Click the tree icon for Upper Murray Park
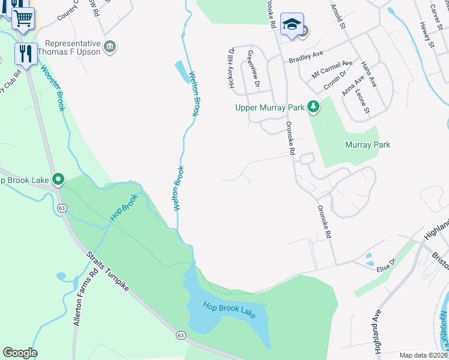[x=313, y=107]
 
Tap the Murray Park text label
[x=367, y=145]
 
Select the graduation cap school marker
[x=292, y=25]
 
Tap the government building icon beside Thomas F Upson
[x=110, y=46]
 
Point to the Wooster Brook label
[x=52, y=87]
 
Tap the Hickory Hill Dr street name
[x=231, y=68]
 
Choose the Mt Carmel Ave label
[x=332, y=69]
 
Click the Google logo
[x=20, y=352]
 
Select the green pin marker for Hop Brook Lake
[x=58, y=179]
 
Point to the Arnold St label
[x=339, y=16]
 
